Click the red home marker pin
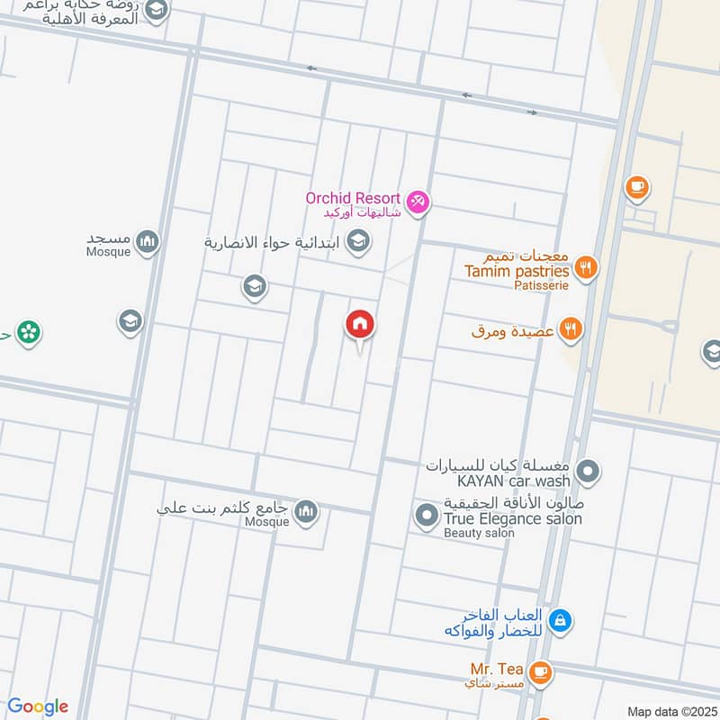coord(361,325)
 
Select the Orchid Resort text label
coord(353,198)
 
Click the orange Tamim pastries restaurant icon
coord(586,267)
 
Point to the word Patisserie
coord(542,286)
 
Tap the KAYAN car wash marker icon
coord(588,471)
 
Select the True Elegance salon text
coord(512,518)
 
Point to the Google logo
coord(38,706)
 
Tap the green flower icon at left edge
coord(28,333)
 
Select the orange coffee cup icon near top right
coord(637,188)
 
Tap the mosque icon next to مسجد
coord(148,241)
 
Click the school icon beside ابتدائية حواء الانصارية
coord(358,241)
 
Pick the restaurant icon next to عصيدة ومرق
coord(570,329)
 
